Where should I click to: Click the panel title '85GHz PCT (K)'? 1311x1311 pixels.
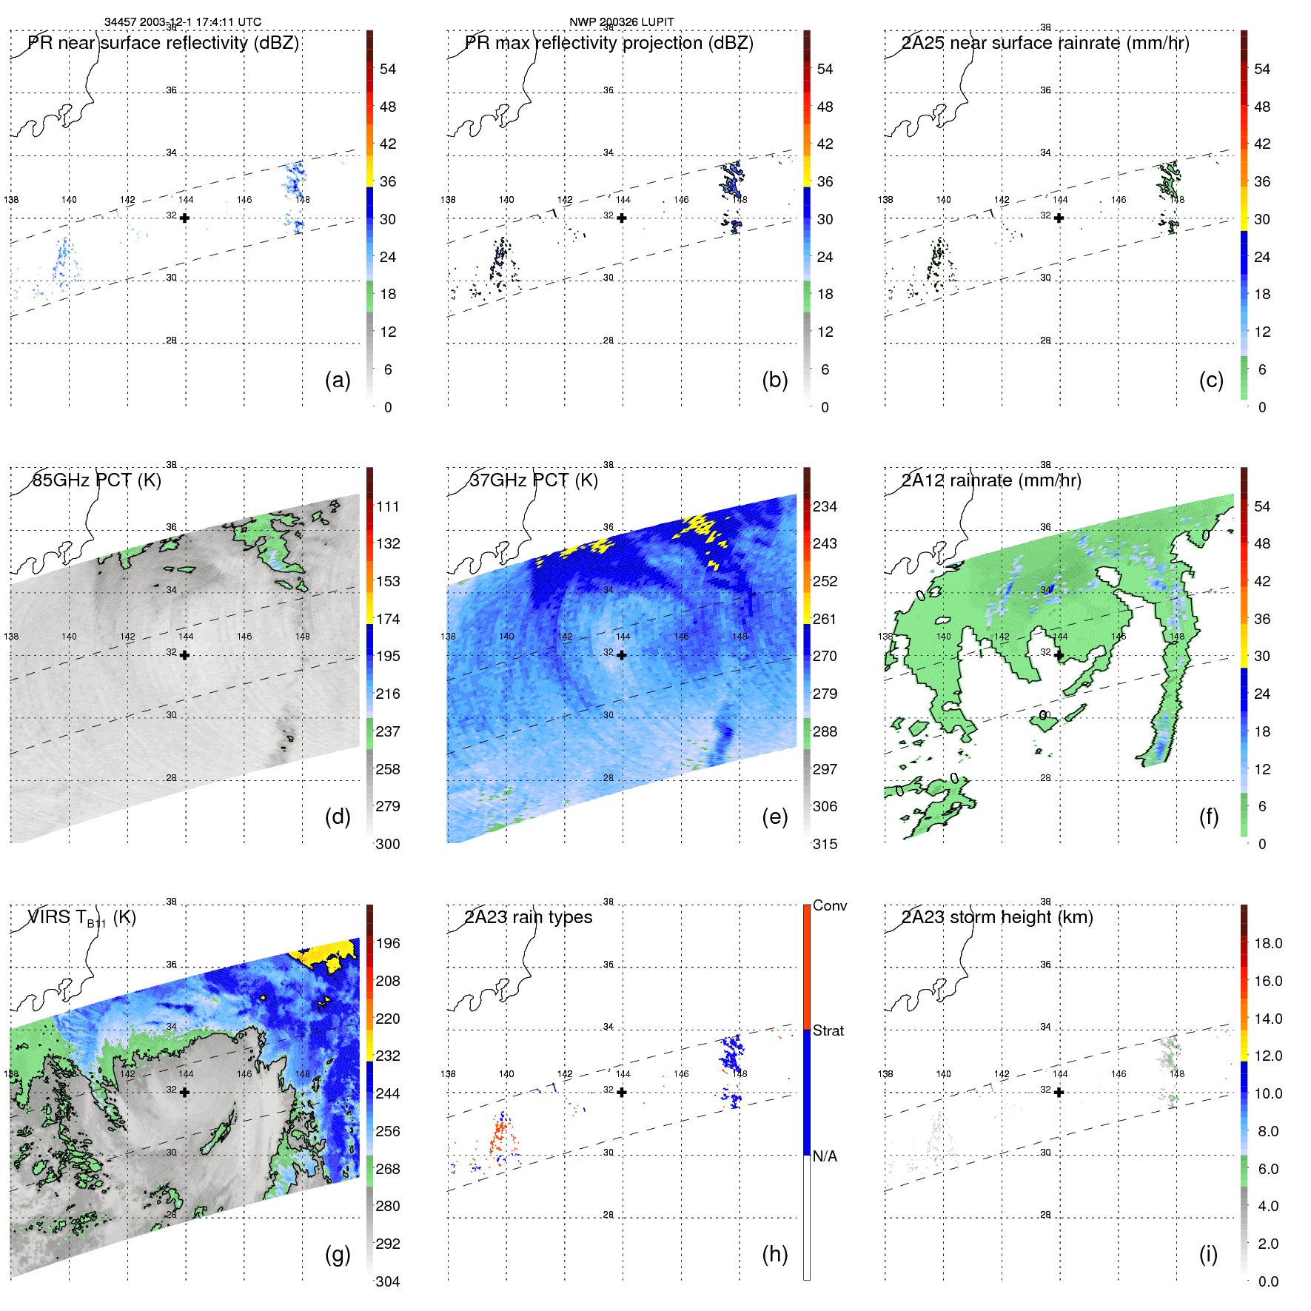(x=96, y=480)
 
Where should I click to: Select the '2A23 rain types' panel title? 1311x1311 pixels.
(x=528, y=917)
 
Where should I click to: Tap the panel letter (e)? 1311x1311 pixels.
(x=774, y=817)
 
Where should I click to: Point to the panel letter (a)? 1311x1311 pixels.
(x=338, y=380)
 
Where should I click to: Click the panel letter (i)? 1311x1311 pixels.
(x=1208, y=1254)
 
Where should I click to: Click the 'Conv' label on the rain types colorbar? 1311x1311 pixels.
(x=829, y=905)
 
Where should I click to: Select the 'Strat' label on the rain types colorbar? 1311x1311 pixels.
(x=828, y=1030)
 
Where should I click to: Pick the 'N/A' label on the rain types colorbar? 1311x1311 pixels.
(x=825, y=1156)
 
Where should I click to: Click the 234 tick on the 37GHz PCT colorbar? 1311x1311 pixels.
(x=825, y=506)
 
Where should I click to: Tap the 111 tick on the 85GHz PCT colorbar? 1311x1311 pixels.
(x=387, y=506)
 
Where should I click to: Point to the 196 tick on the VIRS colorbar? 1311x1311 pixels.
(x=387, y=943)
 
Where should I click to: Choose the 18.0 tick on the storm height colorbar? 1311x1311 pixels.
(x=1267, y=943)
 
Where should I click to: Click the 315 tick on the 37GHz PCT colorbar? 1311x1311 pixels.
(x=825, y=844)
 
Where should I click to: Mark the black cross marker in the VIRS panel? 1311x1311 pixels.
(x=184, y=1092)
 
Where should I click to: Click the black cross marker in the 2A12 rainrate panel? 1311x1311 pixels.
(x=1059, y=655)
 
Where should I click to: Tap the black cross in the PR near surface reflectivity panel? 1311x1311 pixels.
(x=184, y=218)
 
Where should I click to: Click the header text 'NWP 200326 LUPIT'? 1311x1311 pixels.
(x=621, y=21)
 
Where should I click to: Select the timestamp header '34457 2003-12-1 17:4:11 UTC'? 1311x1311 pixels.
(x=182, y=21)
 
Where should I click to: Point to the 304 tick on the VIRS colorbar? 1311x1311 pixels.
(x=387, y=1281)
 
